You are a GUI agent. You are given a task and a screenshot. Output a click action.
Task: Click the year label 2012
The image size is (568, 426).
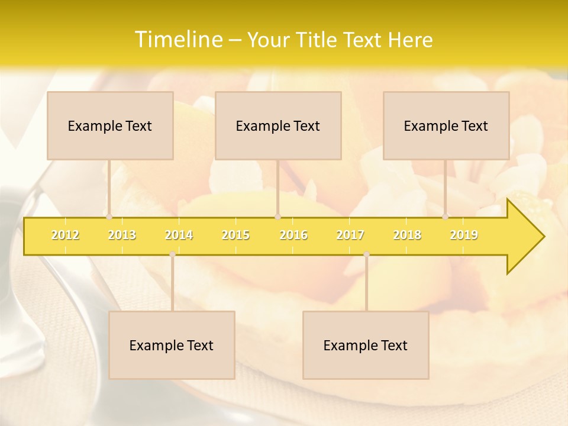65,235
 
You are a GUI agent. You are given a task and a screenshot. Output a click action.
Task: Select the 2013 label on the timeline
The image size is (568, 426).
122,235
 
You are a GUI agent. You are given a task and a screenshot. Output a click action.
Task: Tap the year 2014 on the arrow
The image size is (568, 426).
179,235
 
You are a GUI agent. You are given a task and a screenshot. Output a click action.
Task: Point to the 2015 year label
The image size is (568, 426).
235,235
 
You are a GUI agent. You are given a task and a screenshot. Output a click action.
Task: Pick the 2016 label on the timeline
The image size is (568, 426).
293,235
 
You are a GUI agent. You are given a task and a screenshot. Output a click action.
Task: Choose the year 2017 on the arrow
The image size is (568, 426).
350,235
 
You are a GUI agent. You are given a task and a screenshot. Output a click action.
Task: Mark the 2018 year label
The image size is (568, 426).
407,235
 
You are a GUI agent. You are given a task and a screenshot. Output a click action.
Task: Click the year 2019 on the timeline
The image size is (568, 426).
464,235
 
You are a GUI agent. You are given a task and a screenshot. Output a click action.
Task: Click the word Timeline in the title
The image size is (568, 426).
177,40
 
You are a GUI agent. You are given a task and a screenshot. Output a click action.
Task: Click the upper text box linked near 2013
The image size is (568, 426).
110,125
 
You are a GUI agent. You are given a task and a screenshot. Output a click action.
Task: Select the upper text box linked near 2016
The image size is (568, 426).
278,125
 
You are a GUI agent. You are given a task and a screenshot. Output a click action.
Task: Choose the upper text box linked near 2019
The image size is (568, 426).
446,125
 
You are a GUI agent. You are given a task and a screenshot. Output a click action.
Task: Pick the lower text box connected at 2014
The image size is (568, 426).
172,345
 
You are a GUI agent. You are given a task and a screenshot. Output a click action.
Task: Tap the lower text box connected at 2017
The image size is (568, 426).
366,345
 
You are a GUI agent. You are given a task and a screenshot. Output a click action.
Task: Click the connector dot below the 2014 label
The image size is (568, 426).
172,254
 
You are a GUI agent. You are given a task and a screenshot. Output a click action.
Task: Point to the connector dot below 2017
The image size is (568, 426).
366,254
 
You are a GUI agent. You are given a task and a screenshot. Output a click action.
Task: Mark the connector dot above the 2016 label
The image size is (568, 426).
277,217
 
